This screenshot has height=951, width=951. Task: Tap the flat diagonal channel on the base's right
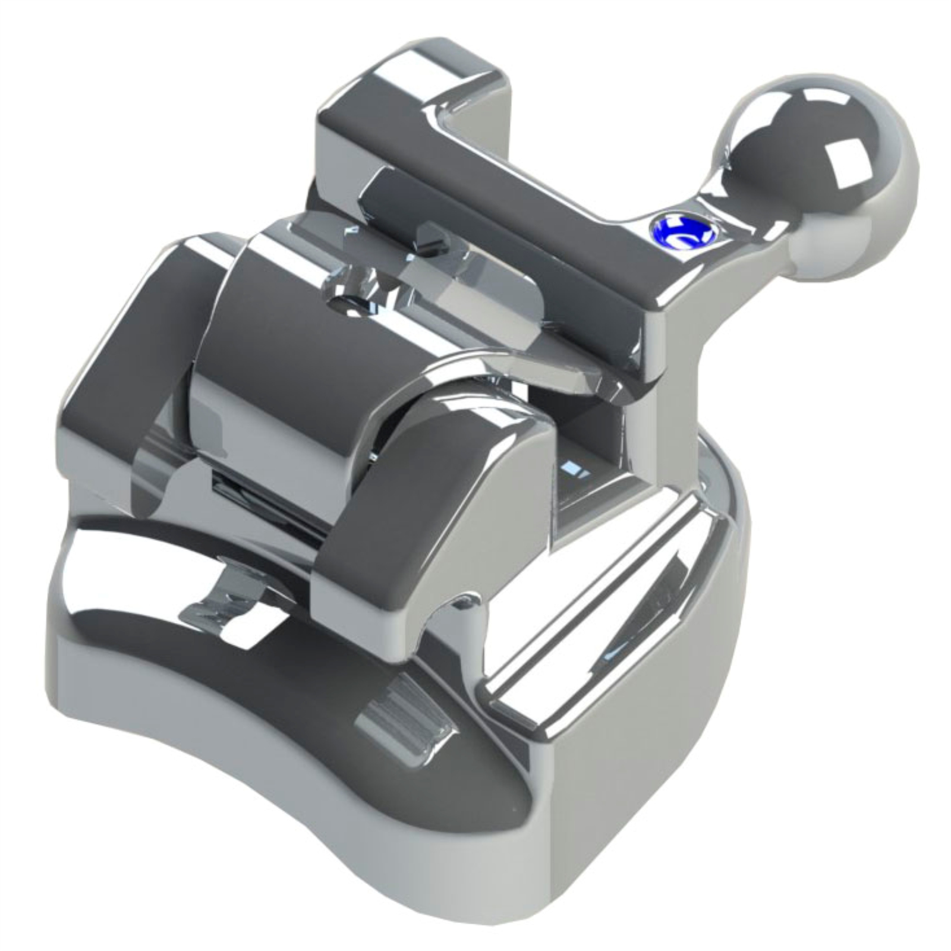[x=600, y=600]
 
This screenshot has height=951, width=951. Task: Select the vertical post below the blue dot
[x=666, y=380]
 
